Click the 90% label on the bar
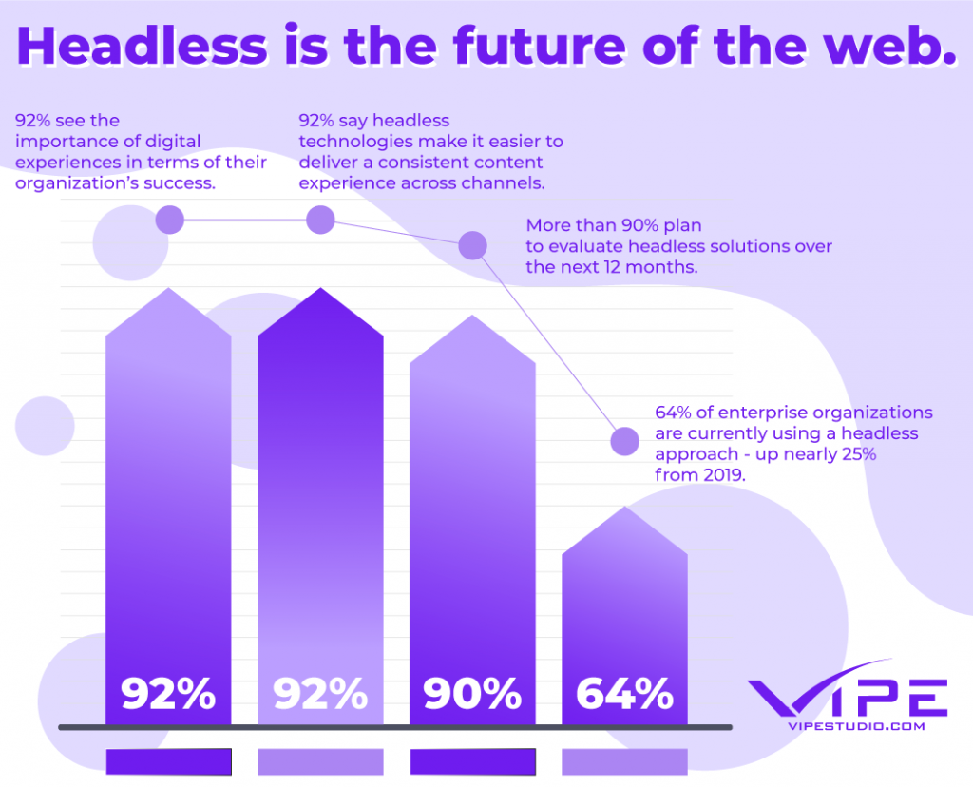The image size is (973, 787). [x=472, y=695]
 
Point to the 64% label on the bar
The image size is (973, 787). [x=624, y=695]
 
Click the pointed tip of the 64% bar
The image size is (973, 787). [x=624, y=509]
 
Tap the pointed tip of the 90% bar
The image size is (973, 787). [x=472, y=317]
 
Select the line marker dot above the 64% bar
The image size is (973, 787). [x=624, y=441]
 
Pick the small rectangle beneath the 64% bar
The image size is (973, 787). [x=624, y=761]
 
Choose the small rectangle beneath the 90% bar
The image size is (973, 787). [x=472, y=761]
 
